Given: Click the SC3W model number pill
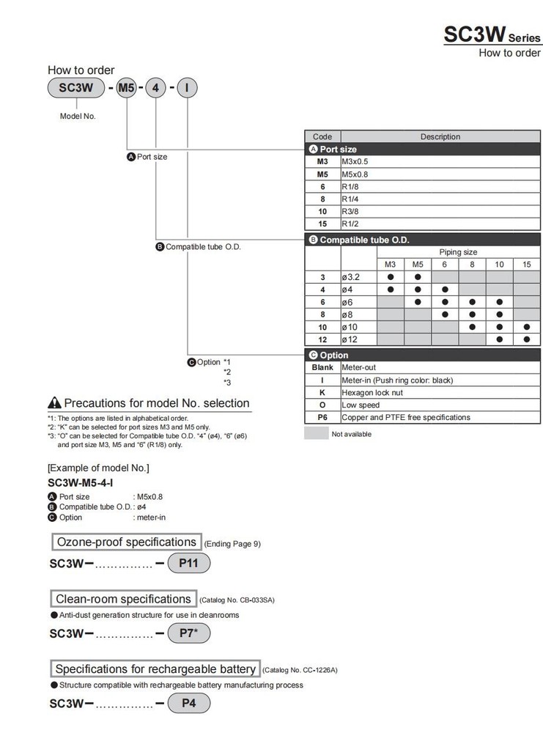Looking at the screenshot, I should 77,89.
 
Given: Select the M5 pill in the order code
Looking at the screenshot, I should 128,89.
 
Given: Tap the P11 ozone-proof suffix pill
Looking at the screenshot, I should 189,563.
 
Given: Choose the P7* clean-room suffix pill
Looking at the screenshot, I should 189,633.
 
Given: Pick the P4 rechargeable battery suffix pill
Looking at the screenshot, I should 189,704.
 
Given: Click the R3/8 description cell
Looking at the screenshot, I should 440,211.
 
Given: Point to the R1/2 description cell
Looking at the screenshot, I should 440,224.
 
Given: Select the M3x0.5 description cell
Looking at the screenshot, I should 440,161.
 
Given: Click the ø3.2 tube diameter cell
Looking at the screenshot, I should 358,277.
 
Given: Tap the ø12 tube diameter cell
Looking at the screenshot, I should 358,339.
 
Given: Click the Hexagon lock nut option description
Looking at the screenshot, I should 440,392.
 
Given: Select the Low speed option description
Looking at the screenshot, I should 440,405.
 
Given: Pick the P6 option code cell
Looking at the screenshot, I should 322,417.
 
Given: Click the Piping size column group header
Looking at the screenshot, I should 458,251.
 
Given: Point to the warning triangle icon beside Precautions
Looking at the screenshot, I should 54,403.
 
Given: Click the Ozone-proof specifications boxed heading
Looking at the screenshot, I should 126,542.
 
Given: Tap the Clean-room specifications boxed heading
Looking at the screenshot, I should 123,599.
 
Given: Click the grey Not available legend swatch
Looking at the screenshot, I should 315,433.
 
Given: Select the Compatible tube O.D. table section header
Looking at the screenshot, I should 424,240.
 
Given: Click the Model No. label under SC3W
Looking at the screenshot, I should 78,117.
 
